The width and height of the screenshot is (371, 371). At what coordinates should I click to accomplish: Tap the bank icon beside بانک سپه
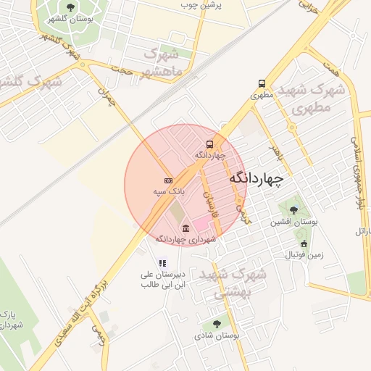(x=168, y=180)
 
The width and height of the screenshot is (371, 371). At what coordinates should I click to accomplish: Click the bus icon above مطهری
(x=261, y=83)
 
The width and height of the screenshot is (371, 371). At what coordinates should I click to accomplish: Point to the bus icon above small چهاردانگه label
(x=209, y=143)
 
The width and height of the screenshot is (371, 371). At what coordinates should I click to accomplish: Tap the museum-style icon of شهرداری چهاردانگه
(x=186, y=228)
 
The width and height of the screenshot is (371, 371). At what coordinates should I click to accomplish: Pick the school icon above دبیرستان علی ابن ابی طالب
(x=163, y=263)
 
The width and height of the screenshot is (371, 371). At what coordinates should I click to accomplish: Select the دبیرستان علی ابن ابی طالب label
(x=163, y=279)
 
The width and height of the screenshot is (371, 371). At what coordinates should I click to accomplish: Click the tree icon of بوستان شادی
(x=217, y=324)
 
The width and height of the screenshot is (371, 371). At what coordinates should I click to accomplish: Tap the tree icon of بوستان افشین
(x=293, y=210)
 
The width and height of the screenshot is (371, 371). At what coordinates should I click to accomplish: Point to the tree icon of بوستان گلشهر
(x=70, y=7)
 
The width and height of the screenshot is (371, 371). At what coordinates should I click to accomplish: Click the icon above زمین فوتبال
(x=304, y=243)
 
